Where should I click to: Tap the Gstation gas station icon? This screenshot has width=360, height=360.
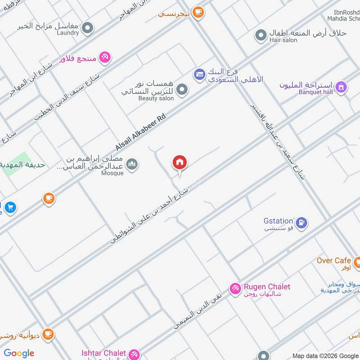pos(301,221)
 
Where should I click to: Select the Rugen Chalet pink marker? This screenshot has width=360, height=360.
pos(235,288)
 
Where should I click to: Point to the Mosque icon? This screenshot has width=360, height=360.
pos(132,164)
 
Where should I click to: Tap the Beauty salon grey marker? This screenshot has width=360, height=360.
pos(182,90)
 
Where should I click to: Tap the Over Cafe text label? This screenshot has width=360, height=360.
pos(333,261)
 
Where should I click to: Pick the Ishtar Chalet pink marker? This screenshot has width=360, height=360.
pos(133,354)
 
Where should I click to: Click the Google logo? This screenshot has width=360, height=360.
pos(19,353)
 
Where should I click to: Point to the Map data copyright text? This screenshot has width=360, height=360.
pos(325,355)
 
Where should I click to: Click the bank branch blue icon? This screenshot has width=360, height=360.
pos(199,74)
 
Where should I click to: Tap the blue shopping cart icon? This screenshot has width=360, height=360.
pos(11,207)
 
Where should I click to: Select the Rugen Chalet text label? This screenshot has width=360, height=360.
pos(267,287)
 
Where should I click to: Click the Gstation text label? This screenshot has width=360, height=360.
pos(279,221)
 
